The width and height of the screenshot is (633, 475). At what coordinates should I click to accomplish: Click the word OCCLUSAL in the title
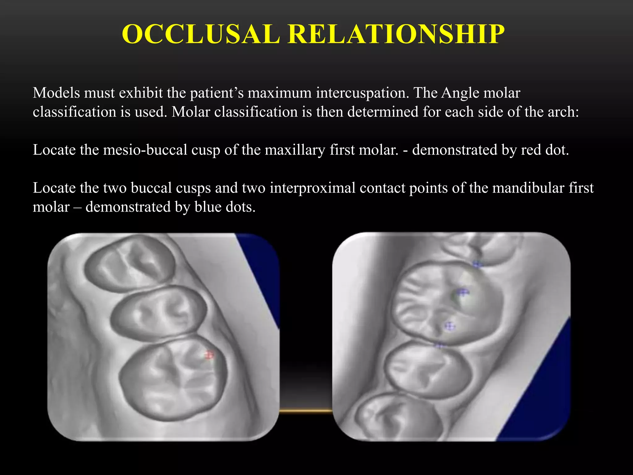201,34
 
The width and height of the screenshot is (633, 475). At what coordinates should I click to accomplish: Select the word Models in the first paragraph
56,93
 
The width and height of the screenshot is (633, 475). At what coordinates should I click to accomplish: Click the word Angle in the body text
461,93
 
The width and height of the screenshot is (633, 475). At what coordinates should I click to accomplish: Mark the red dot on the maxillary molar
210,355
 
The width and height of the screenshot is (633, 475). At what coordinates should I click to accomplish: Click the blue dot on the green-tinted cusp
462,292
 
